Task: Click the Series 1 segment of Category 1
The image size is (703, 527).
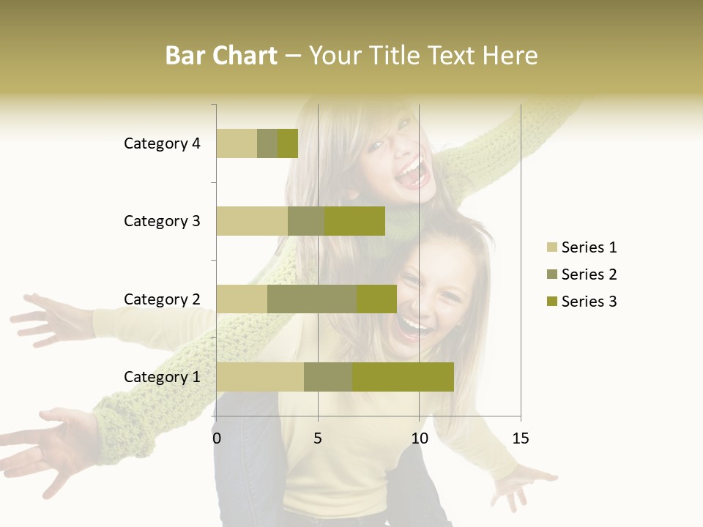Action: coord(260,376)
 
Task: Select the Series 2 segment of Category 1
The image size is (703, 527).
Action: coord(328,376)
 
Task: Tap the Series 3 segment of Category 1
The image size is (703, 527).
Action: coord(403,376)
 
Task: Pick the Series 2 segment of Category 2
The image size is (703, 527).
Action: coord(312,299)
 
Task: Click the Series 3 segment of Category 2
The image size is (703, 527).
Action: coord(376,299)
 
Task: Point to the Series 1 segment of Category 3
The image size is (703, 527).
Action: coord(252,221)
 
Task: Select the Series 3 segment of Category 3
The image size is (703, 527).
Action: coord(354,221)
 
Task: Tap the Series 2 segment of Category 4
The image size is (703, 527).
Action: coord(267,143)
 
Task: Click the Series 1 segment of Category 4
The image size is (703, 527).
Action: coord(237,143)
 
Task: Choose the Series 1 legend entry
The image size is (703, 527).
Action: coord(581,247)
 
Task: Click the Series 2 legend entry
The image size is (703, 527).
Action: coord(581,274)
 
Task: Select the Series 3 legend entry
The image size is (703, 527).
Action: coord(581,302)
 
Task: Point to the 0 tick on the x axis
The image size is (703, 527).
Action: coord(217,438)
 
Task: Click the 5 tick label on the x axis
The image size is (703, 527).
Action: coord(318,438)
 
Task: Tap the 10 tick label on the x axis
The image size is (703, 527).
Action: coord(419,438)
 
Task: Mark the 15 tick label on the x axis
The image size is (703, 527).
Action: coord(521,438)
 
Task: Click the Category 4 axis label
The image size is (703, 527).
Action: coord(162,143)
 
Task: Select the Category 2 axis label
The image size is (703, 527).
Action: coord(162,299)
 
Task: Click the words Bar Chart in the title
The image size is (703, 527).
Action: coord(221,56)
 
